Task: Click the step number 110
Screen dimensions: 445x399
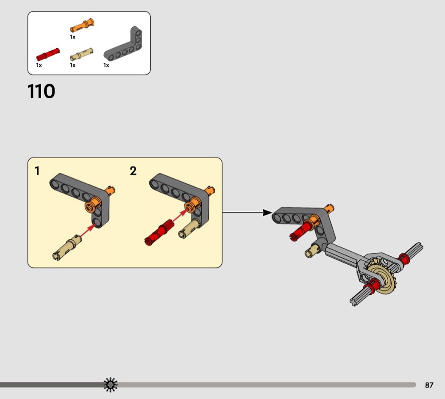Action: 41,91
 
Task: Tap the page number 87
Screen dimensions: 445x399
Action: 429,385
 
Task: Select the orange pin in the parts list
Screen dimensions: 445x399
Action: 82,25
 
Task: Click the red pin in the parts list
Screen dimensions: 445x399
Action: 47,54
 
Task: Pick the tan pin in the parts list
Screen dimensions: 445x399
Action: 82,54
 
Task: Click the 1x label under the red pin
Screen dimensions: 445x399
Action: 39,66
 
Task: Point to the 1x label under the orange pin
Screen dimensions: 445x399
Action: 72,37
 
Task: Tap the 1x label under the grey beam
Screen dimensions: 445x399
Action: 106,66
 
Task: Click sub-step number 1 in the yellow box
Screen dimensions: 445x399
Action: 37,171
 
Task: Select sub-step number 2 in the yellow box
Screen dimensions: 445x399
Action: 133,171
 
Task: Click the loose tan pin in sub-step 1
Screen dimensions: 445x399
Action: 67,247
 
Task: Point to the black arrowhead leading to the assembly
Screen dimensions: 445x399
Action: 267,212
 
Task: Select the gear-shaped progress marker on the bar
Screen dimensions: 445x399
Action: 110,385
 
